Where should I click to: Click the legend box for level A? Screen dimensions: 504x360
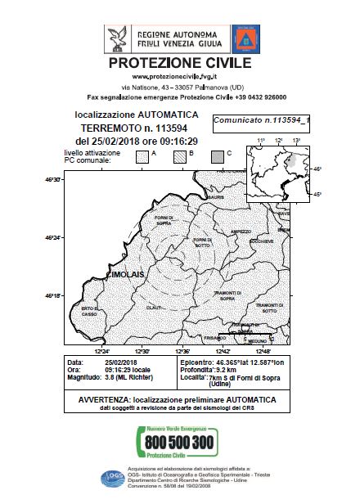(143, 156)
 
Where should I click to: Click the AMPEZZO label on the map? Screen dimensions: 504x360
(241, 232)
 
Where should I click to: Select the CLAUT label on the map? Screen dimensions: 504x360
(154, 307)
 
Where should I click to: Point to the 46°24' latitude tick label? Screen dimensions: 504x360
(53, 238)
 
